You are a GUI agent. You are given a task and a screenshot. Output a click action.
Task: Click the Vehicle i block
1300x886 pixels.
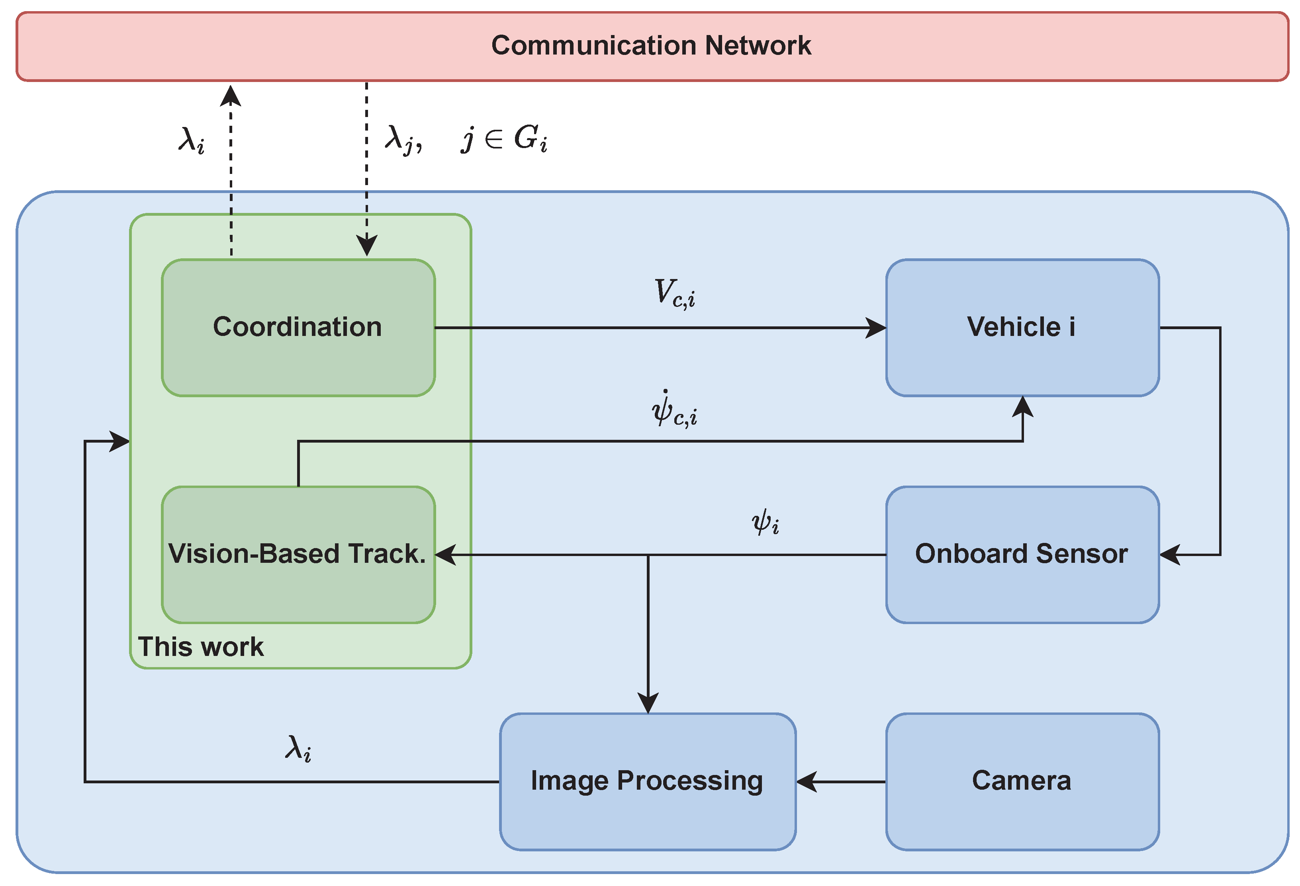point(1022,328)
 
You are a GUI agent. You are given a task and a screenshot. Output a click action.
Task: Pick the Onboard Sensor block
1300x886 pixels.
point(1022,554)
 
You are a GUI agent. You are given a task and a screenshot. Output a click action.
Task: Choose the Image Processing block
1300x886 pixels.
point(647,781)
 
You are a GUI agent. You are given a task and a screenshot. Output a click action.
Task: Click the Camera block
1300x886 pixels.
point(1022,781)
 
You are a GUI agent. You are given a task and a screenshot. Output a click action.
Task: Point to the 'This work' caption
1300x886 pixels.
point(200,647)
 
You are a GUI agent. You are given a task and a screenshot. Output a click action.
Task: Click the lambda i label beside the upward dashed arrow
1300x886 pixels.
point(191,140)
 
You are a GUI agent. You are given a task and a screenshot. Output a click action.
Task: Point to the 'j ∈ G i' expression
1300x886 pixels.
point(504,138)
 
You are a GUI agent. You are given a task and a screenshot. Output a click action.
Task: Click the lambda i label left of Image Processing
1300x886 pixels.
point(298,748)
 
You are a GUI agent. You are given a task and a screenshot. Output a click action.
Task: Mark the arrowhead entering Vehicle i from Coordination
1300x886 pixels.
point(876,328)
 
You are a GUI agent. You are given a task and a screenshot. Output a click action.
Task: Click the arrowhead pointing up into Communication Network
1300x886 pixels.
point(231,95)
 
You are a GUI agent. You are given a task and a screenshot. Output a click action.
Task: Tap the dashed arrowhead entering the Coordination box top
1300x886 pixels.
point(366,246)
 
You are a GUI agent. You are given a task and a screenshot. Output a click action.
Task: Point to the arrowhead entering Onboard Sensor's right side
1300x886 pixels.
point(1170,555)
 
